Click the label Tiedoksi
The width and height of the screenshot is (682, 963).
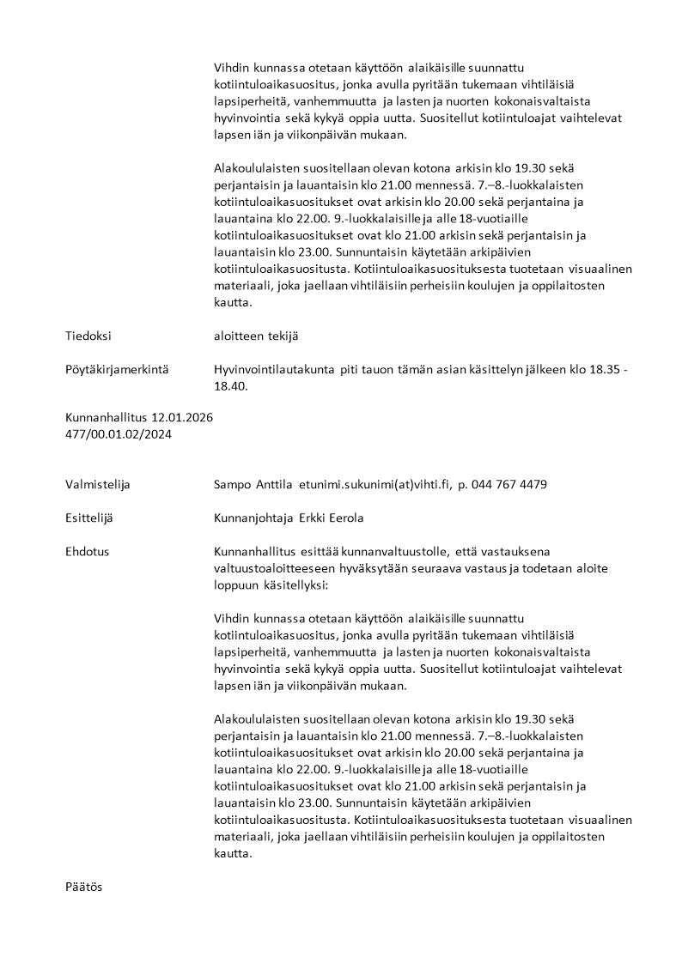point(88,336)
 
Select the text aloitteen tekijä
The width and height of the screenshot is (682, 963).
point(256,336)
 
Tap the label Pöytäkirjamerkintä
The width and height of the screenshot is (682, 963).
point(116,369)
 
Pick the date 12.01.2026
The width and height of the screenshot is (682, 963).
point(182,417)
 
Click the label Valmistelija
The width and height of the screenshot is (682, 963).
point(98,484)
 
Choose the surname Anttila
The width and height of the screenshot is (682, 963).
point(274,484)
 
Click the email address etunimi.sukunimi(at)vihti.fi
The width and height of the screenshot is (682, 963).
point(374,484)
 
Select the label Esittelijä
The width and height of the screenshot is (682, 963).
point(89,518)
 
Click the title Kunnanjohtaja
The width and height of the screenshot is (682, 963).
point(253,518)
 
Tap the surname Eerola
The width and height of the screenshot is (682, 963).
point(344,518)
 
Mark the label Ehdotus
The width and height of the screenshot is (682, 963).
point(87,551)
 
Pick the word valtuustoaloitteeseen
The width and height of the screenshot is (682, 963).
point(272,567)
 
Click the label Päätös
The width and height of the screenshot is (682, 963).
point(84,887)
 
